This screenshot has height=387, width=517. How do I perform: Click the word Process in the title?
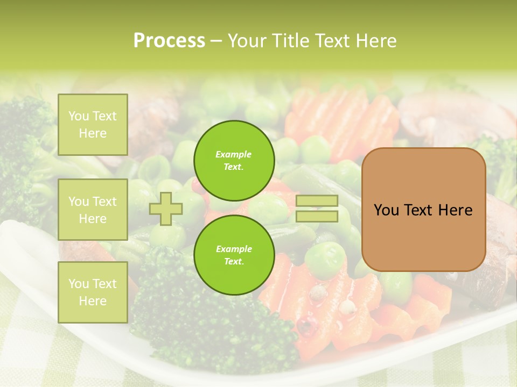[x=169, y=41]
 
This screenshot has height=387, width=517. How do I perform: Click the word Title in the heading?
[x=291, y=41]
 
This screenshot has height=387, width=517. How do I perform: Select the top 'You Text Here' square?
[x=93, y=125]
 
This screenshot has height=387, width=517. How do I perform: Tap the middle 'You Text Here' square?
[x=93, y=210]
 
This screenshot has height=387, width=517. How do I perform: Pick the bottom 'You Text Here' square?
[x=93, y=292]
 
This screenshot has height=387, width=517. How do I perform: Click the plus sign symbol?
[x=166, y=209]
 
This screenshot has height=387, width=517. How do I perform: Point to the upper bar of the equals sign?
[x=317, y=200]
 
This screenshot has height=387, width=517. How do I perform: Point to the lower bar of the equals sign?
[x=317, y=216]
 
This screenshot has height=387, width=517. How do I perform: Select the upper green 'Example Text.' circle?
[x=234, y=160]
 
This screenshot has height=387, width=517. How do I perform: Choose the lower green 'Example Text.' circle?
[x=234, y=255]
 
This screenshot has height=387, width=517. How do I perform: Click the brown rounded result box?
[x=423, y=210]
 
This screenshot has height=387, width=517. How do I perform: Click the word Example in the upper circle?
[x=234, y=154]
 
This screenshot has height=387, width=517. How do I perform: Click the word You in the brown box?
[x=386, y=210]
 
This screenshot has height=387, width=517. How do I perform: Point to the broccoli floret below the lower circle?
[x=205, y=322]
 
